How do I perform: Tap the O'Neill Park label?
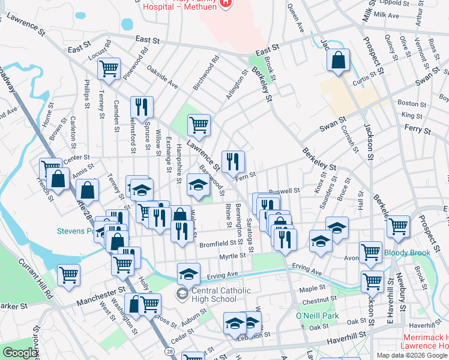(318, 316)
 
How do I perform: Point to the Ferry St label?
(418, 129)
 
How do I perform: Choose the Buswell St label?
(285, 191)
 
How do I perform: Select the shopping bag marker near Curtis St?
(339, 60)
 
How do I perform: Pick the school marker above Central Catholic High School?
(188, 274)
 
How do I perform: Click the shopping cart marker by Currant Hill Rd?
(69, 275)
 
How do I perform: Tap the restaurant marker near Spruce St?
(142, 107)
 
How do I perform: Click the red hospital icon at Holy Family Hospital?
(225, 3)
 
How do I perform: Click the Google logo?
(20, 353)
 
